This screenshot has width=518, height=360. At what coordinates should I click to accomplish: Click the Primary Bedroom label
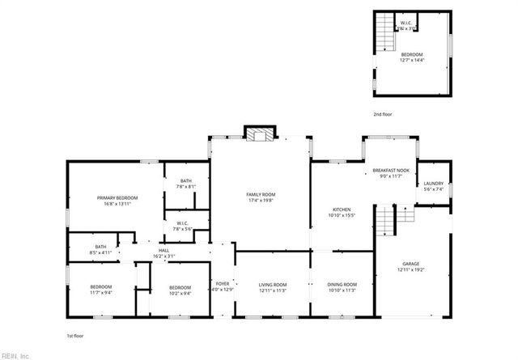point(117,198)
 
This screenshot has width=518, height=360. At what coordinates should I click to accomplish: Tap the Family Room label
point(261,194)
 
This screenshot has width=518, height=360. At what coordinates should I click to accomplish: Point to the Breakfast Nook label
point(391,170)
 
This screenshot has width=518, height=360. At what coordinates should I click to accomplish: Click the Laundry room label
point(433,184)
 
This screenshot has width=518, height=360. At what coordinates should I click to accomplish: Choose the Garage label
point(411,264)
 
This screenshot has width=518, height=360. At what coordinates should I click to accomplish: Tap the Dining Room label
point(342,285)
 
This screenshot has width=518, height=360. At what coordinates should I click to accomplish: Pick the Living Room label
point(273,285)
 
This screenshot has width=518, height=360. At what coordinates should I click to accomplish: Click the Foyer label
point(223,285)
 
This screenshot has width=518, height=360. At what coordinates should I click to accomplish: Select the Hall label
point(164,251)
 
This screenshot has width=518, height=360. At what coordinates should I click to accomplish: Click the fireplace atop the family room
point(261,135)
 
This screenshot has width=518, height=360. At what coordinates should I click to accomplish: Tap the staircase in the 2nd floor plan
point(385,39)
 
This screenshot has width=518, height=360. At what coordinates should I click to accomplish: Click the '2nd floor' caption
point(383,115)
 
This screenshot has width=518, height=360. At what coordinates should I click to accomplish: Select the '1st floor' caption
point(75,335)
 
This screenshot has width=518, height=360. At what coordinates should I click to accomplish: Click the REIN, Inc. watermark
point(15,355)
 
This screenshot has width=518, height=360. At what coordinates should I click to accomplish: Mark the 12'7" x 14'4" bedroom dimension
point(411,60)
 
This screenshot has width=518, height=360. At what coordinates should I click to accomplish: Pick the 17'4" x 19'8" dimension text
point(261,200)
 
